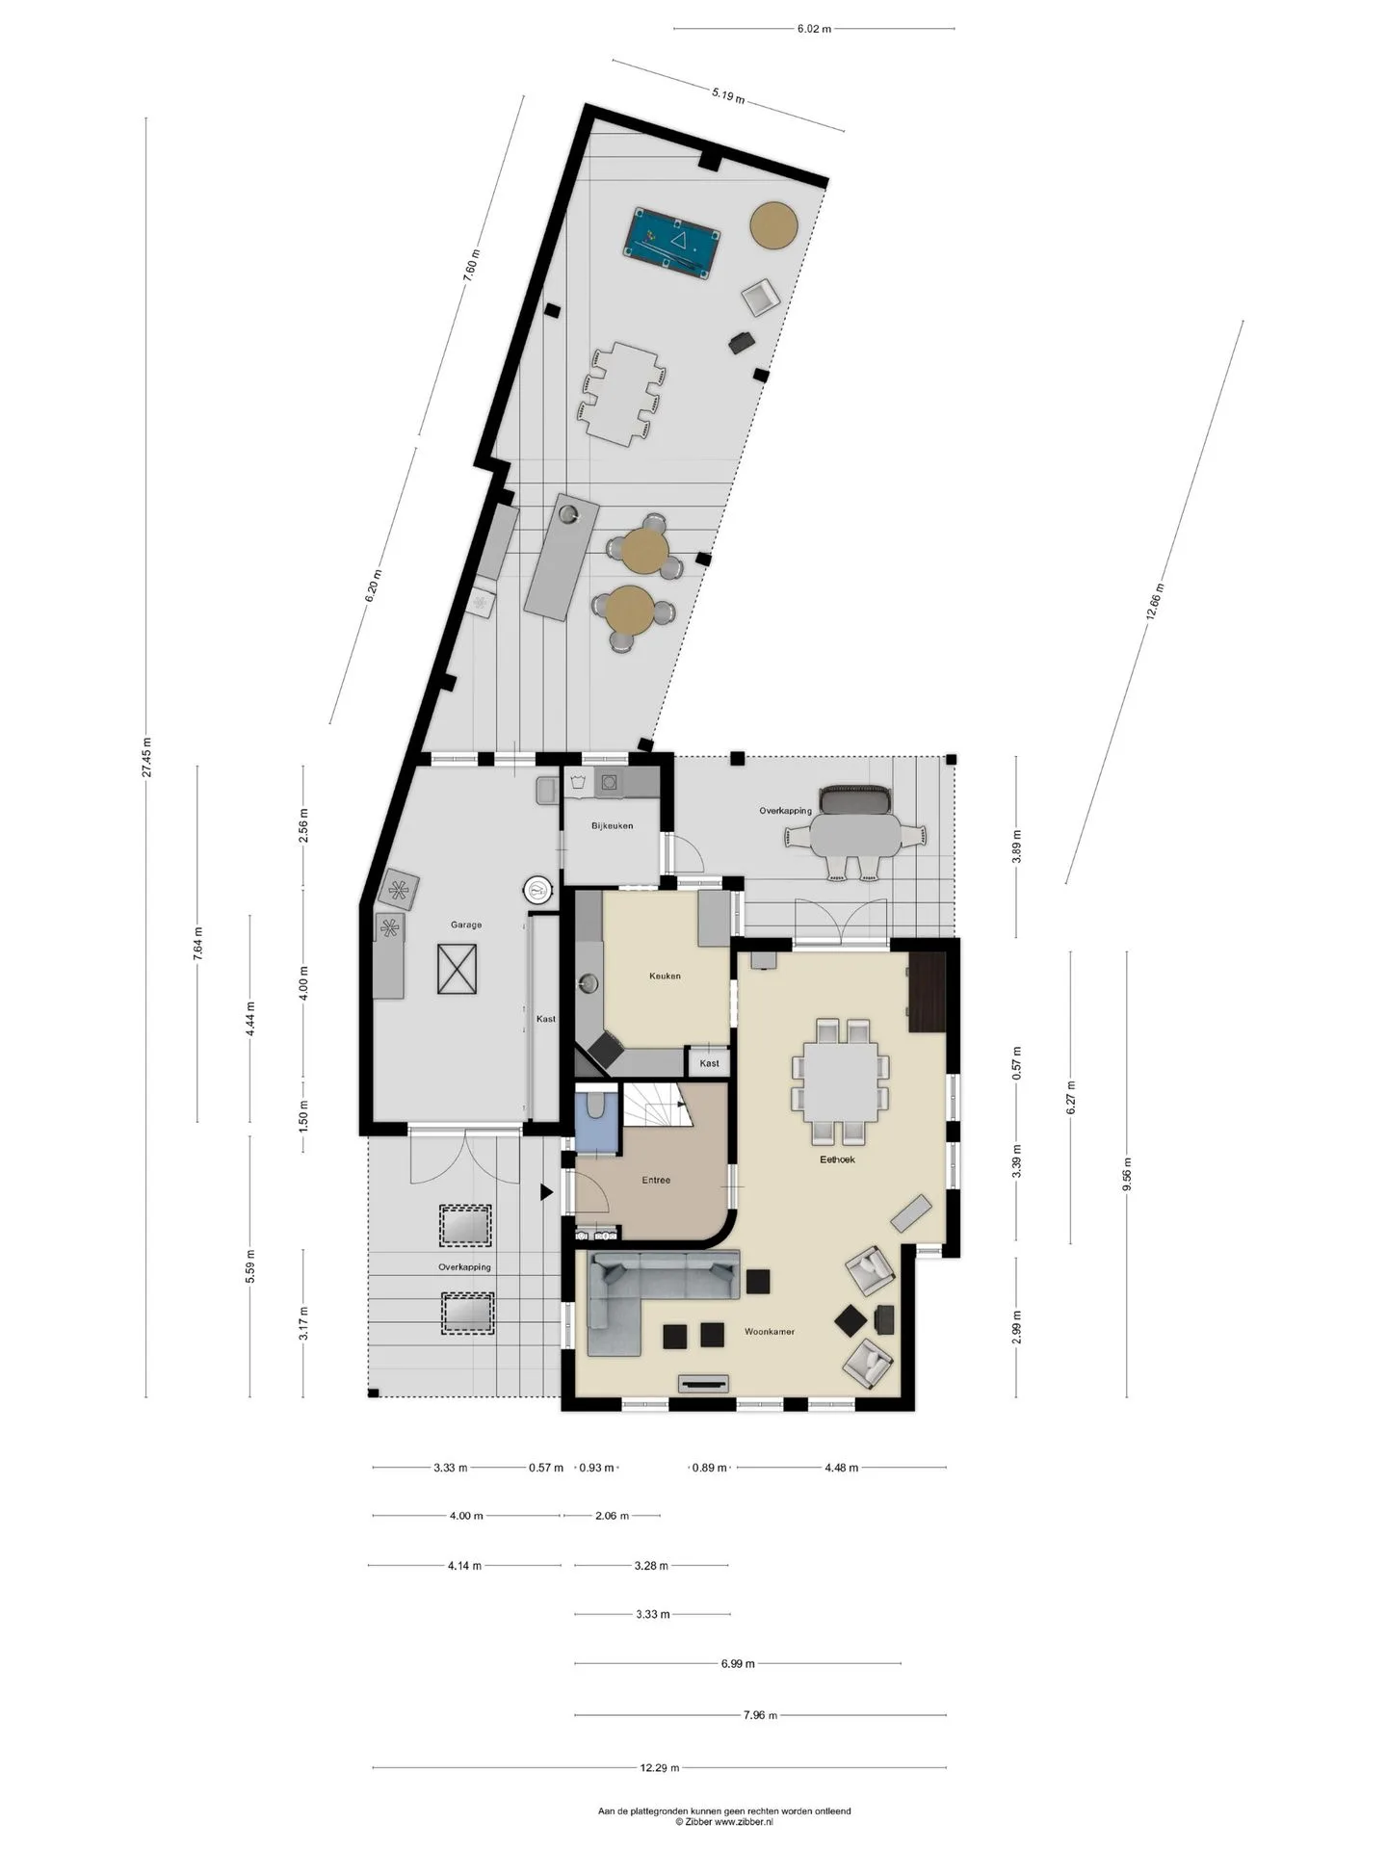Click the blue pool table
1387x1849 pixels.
click(672, 242)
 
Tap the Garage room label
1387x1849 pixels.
click(466, 924)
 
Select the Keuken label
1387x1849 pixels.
click(665, 976)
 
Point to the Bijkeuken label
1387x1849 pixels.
click(612, 825)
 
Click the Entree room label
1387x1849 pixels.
click(656, 1180)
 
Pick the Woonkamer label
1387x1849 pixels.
click(770, 1331)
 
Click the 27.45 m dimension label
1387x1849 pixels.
click(146, 757)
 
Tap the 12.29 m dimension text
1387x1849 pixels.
click(660, 1767)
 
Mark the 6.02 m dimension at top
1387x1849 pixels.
click(814, 29)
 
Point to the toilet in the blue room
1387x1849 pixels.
click(595, 1106)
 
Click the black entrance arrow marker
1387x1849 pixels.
click(546, 1192)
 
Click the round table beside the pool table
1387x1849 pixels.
click(773, 224)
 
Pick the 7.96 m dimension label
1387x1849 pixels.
click(760, 1715)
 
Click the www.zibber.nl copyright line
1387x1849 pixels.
click(723, 1821)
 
